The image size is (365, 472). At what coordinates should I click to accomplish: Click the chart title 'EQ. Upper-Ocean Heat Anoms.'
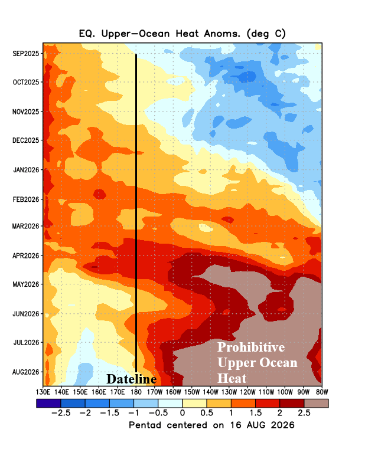tap(159, 34)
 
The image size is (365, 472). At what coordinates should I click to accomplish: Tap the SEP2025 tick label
tap(26, 54)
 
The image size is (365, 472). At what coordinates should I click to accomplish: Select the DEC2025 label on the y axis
tap(26, 140)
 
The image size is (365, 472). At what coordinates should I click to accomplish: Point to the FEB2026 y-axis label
tap(26, 199)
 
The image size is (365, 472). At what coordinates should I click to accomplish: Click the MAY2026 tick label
tap(26, 284)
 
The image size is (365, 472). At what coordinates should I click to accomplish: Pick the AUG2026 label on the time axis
tap(26, 372)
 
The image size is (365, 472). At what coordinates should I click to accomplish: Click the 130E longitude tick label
tap(43, 392)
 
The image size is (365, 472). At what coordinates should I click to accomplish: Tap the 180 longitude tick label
tap(136, 392)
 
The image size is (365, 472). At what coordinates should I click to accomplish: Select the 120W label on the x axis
tap(247, 392)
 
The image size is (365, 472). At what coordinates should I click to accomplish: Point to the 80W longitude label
tap(322, 392)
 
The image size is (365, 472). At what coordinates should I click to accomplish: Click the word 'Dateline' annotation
tap(132, 379)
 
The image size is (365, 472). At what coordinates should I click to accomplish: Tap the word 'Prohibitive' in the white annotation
tap(251, 348)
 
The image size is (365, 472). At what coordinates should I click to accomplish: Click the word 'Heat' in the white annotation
tap(232, 378)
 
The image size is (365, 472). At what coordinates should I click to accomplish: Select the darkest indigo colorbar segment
tap(48, 404)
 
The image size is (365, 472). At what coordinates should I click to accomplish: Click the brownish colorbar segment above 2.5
tap(316, 404)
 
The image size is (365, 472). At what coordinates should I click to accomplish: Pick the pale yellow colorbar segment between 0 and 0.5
tap(194, 404)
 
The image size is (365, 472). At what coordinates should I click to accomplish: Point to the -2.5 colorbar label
tap(61, 412)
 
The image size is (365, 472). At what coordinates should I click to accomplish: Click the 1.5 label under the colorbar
tap(255, 412)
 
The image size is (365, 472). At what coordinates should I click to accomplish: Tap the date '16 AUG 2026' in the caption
tap(262, 425)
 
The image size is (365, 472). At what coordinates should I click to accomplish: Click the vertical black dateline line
tap(136, 213)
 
